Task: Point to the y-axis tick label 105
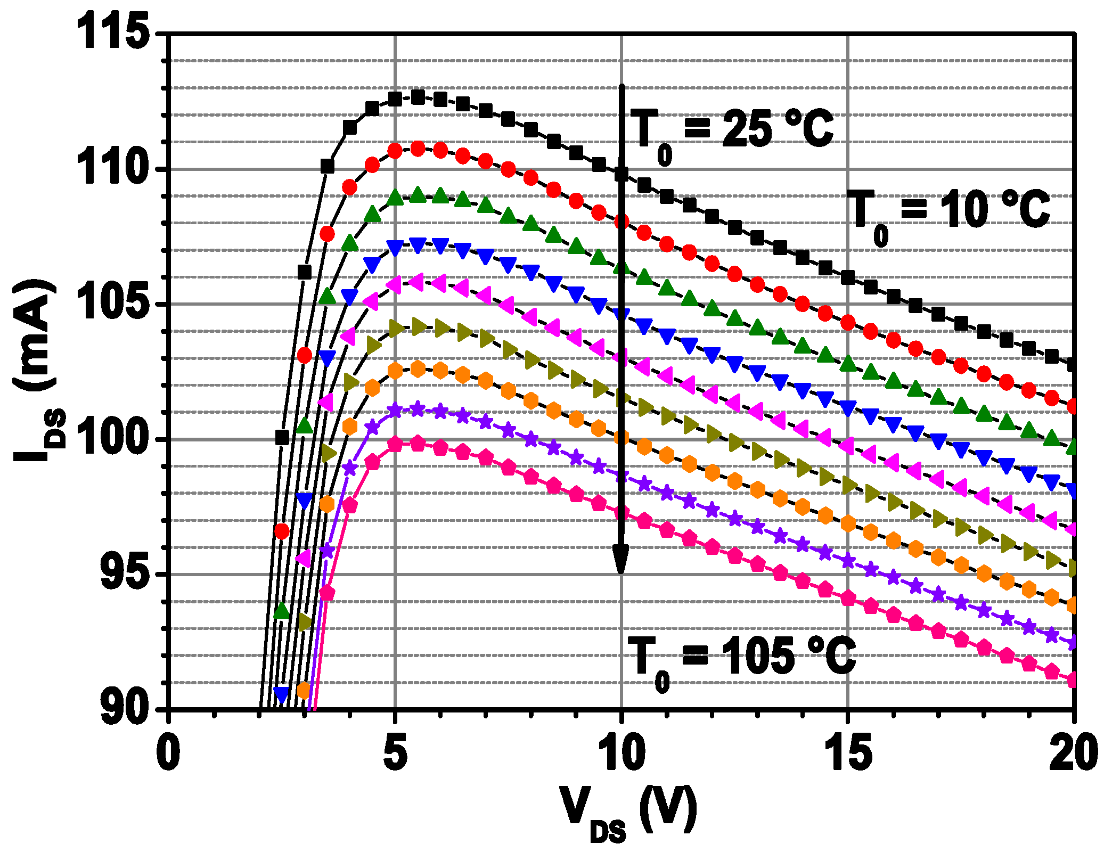coord(111,304)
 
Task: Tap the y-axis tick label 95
coord(124,575)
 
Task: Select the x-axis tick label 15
coord(848,753)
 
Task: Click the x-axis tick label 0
coord(168,753)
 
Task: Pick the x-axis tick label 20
coord(1073,753)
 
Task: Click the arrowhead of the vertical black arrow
coord(621,559)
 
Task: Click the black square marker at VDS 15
coord(848,277)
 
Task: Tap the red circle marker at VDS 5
coord(395,151)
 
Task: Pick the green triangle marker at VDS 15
coord(848,364)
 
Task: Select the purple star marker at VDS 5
coord(395,411)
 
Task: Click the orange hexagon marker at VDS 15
coord(848,524)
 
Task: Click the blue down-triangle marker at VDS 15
coord(848,408)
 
